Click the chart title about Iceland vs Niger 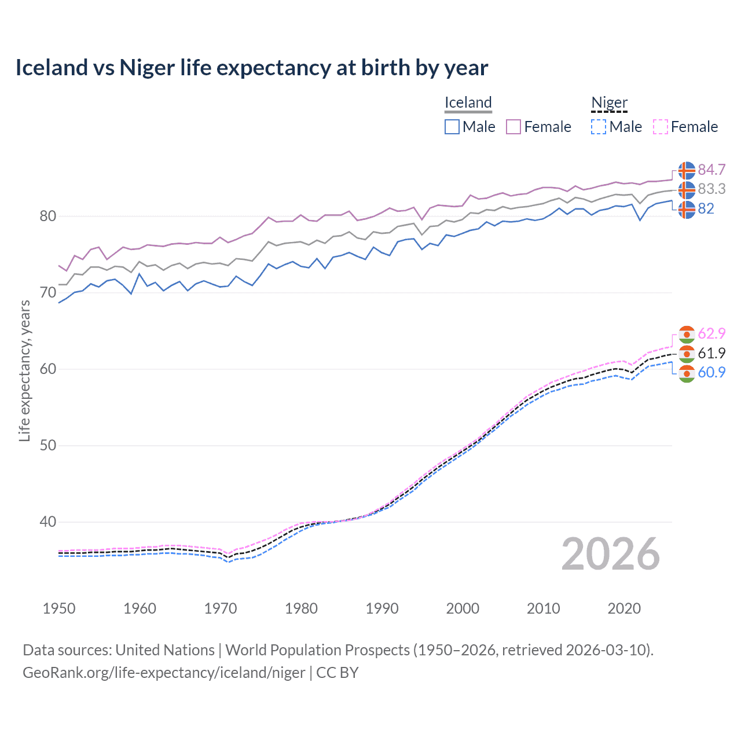point(252,68)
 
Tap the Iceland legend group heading point(468,103)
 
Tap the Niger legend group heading point(609,103)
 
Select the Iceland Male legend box point(452,127)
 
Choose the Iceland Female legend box point(513,127)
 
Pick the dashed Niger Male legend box point(599,127)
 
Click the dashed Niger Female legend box point(660,127)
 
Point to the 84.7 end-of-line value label point(711,170)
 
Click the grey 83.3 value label point(711,189)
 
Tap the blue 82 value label point(706,208)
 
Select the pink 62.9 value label point(711,333)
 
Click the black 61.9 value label point(711,353)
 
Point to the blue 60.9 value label point(711,372)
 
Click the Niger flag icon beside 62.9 point(687,334)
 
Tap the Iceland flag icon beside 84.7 point(687,170)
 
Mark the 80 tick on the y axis point(47,217)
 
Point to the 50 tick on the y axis point(47,446)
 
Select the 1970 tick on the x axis point(221,608)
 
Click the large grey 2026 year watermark point(610,554)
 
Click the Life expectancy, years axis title point(24,370)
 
